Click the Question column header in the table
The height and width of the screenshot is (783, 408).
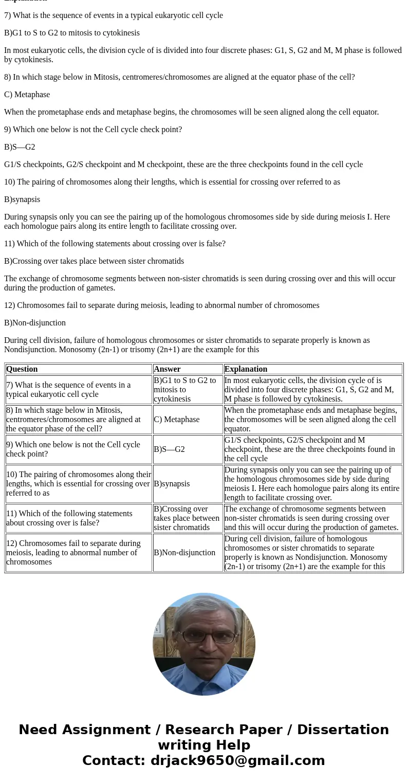pos(22,369)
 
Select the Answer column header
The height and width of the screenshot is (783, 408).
pos(167,369)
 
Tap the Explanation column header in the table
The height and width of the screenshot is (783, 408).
pos(246,369)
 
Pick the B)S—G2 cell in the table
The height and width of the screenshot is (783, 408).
pos(169,449)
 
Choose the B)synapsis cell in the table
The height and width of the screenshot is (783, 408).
pos(172,484)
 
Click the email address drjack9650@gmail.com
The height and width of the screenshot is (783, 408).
pos(238,760)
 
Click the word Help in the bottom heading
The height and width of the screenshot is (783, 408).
pos(230,745)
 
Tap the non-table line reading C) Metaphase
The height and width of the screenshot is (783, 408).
pos(27,95)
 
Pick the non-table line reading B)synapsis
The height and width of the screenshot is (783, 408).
pos(22,199)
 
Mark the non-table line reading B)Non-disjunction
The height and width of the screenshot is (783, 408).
pos(35,323)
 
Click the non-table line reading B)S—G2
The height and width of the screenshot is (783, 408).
pos(20,147)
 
